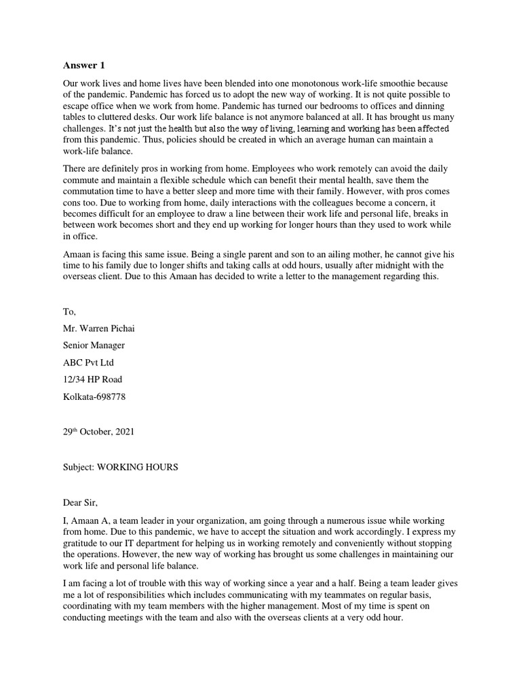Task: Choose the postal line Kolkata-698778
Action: pyautogui.click(x=94, y=396)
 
